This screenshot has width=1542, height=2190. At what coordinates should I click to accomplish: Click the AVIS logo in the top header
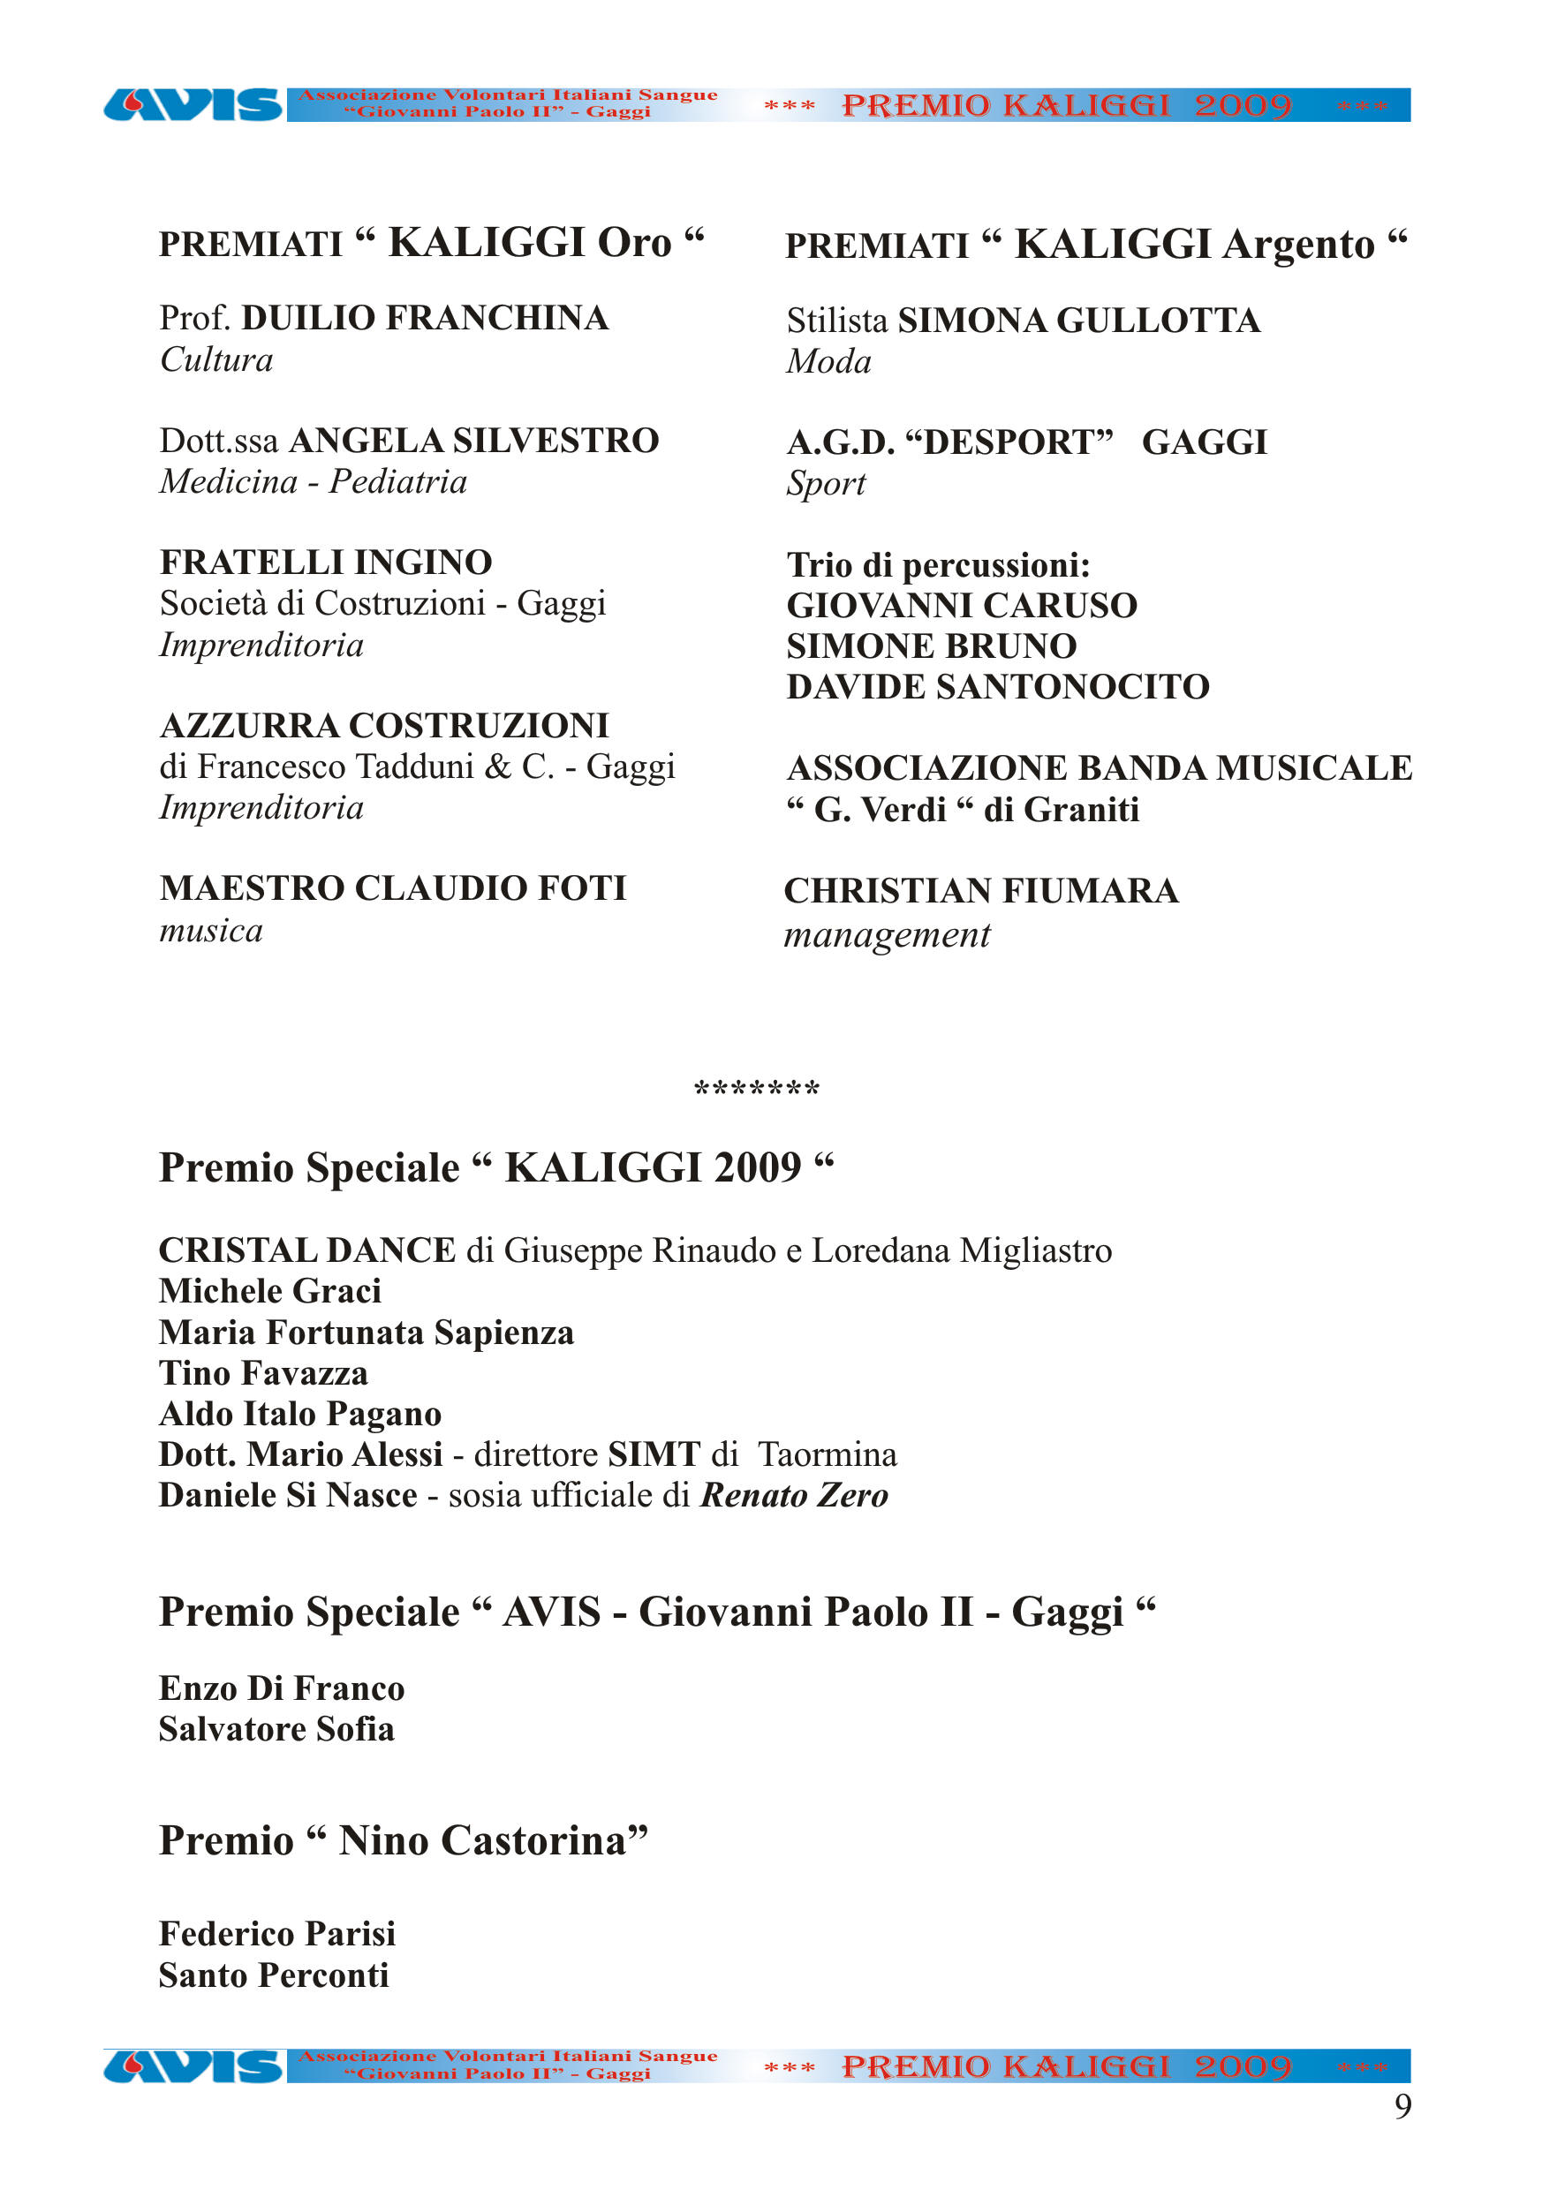pos(192,105)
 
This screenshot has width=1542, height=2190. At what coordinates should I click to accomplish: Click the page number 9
pos(1402,2106)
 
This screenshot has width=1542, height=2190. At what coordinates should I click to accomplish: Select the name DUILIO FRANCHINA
pos(425,319)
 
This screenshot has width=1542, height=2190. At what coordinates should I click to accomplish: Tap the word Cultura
pos(216,360)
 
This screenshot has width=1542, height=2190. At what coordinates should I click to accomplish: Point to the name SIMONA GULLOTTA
pos(1078,321)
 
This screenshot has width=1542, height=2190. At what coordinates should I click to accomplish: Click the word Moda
pos(828,362)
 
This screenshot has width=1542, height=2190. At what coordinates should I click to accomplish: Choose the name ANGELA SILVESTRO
pos(474,441)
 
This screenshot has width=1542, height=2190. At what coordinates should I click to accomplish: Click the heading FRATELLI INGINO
pos(325,563)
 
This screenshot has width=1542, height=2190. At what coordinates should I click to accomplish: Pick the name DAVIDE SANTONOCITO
pos(997,687)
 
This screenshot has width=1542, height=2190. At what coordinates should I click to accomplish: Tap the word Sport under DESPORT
pos(826,484)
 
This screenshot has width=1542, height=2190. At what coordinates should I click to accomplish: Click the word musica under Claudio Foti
pos(211,931)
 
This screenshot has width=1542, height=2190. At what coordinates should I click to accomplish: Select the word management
pos(887,936)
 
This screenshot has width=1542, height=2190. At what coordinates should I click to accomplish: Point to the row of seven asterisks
pos(757,1088)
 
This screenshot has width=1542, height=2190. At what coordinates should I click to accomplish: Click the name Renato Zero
pos(794,1495)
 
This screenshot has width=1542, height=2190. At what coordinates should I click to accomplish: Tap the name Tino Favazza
pos(263,1373)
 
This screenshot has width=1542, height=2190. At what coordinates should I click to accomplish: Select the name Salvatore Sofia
pos(276,1729)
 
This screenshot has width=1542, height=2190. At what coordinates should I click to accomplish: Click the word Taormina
pos(828,1454)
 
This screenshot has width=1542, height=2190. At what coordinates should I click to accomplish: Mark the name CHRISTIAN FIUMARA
pos(981,891)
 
